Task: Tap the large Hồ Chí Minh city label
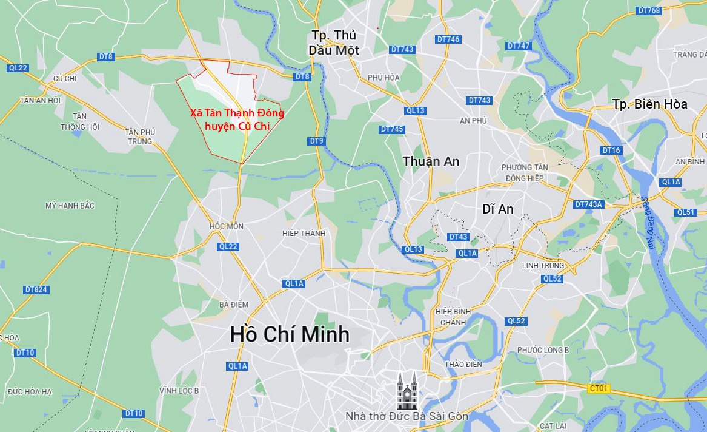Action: pos(290,334)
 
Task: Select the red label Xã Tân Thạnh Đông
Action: pos(236,113)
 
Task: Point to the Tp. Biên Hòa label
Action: pos(649,104)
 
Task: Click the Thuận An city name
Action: pos(431,161)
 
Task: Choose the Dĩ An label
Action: pos(497,209)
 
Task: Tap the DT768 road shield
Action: pos(649,10)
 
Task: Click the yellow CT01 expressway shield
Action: pos(599,388)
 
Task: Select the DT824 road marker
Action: pos(36,289)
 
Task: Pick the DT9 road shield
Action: pos(317,141)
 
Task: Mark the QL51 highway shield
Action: pos(686,212)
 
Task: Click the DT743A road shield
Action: pos(589,204)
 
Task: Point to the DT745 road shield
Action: pos(392,129)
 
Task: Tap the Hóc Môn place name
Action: pos(226,226)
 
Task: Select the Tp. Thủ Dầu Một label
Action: pos(333,42)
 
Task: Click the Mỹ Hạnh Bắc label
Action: pos(70,206)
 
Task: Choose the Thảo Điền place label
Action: pos(462,364)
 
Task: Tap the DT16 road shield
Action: pos(611,150)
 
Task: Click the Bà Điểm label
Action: pos(234,304)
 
